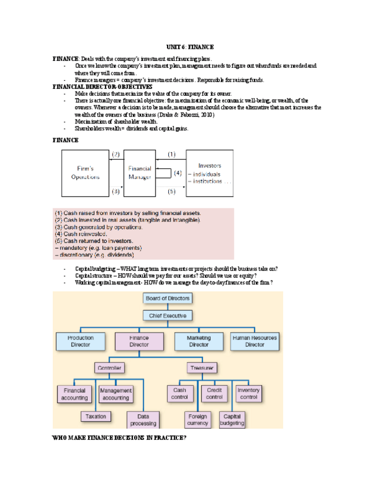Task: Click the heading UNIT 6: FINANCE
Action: pos(190,46)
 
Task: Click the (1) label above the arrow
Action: pos(172,154)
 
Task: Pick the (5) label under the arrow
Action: pos(172,191)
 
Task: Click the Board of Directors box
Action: pos(168,298)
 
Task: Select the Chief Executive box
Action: pos(168,316)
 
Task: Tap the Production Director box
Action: pos(81,341)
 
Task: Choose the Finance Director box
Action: pos(139,341)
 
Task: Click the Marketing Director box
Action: pos(199,341)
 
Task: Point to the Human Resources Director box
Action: pos(255,341)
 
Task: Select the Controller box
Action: pos(110,368)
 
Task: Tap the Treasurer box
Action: pos(201,368)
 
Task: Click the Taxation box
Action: pos(96,417)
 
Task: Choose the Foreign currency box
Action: pos(198,419)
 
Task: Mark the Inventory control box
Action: pos(248,394)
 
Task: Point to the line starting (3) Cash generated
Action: pos(92,227)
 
